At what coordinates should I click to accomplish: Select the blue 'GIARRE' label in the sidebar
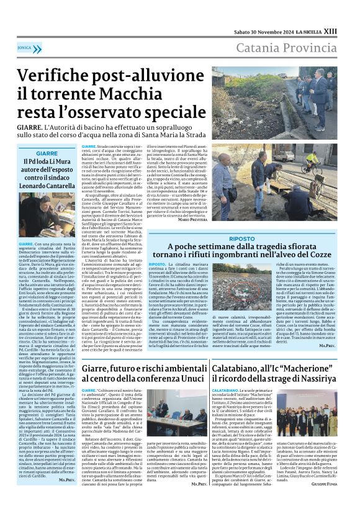point(47,153)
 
